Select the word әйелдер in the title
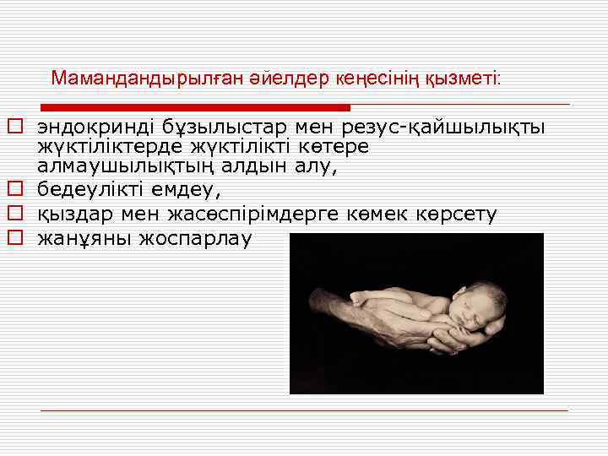(x=280, y=79)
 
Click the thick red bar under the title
(x=195, y=107)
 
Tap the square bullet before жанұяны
(x=14, y=239)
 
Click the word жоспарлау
(x=195, y=239)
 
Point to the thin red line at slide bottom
(x=304, y=410)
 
